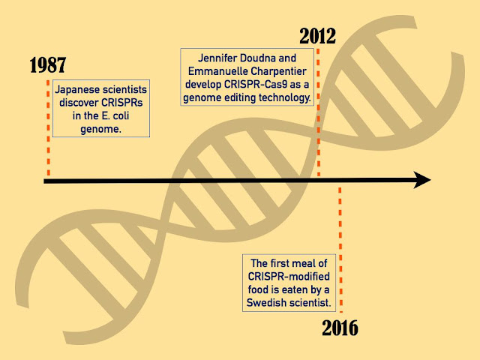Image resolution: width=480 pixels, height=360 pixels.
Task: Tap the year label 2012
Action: tap(317, 34)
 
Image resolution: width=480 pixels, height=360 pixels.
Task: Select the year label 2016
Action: tap(340, 328)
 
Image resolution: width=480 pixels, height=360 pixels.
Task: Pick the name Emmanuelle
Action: tap(224, 73)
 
